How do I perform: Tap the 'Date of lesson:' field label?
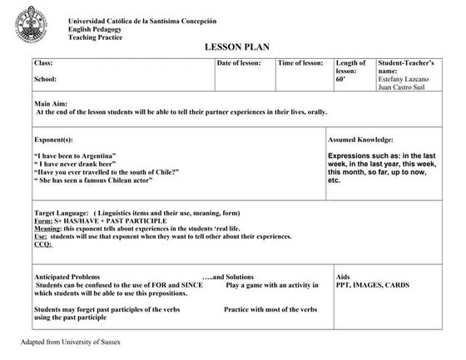[x=240, y=63]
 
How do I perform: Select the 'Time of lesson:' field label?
[x=300, y=63]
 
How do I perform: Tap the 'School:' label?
[x=45, y=80]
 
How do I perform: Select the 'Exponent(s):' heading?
[x=53, y=140]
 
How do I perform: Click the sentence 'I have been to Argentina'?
[x=74, y=156]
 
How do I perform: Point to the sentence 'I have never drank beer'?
[x=72, y=164]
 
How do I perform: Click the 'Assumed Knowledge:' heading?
[x=360, y=140]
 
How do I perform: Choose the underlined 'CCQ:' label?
[x=43, y=244]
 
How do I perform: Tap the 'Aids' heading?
[x=343, y=277]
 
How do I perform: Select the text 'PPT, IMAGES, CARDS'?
[x=372, y=285]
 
